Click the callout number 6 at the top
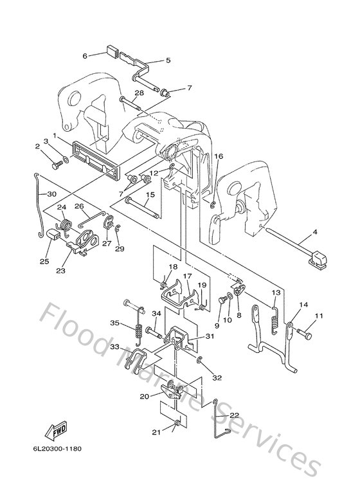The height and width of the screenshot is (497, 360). (x=84, y=56)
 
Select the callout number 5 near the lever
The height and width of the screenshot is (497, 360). (x=168, y=60)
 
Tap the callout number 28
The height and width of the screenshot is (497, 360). (x=138, y=94)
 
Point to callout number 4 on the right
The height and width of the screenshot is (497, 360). (x=314, y=231)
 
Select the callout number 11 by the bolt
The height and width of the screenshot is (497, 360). (x=319, y=315)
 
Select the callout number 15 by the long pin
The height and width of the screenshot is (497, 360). (x=149, y=195)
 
